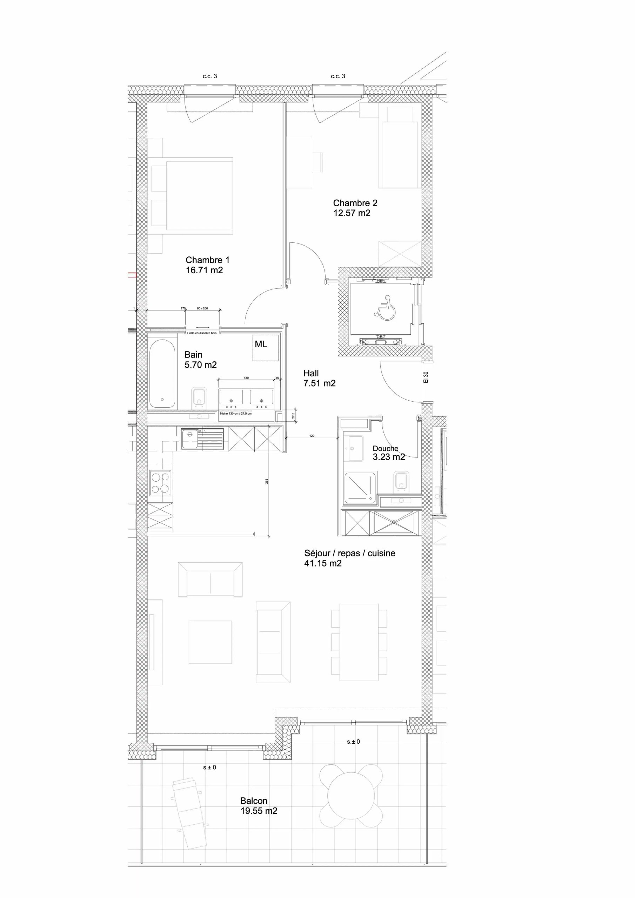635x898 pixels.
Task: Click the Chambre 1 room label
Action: (x=207, y=260)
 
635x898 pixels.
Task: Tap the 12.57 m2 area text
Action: (x=352, y=213)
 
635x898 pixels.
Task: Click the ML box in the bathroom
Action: (x=265, y=347)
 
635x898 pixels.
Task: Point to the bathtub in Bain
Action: (x=162, y=374)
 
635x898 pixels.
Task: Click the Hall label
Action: (x=311, y=374)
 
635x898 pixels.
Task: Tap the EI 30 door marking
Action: (x=426, y=377)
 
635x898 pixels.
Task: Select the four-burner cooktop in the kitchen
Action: (x=160, y=483)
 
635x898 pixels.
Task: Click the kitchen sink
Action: (x=202, y=439)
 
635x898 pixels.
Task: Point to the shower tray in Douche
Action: (x=360, y=487)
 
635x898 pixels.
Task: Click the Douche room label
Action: (x=385, y=449)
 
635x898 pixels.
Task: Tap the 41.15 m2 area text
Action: (x=323, y=564)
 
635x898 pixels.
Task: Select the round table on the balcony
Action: (x=351, y=796)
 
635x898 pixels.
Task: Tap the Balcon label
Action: (x=254, y=801)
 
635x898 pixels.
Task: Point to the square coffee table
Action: (x=210, y=642)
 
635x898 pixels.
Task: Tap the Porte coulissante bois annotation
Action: (x=202, y=333)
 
